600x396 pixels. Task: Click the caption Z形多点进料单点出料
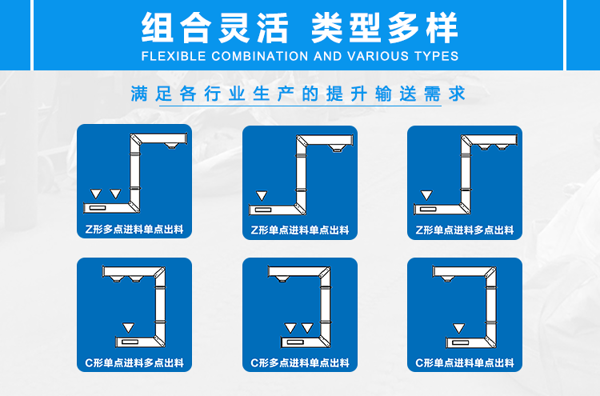[x=134, y=229]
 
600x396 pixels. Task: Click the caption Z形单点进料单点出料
[x=300, y=230]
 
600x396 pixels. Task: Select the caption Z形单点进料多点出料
[x=465, y=230]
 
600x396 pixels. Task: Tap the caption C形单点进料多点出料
[x=134, y=362]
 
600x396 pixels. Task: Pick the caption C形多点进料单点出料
[x=300, y=362]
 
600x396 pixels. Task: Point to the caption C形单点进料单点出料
[x=465, y=362]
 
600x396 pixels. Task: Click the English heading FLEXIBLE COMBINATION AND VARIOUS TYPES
[x=300, y=56]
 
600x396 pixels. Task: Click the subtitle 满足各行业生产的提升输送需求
[x=298, y=94]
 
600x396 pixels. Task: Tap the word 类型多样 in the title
[x=385, y=27]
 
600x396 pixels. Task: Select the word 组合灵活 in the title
[x=214, y=27]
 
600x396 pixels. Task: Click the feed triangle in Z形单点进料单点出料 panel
[x=262, y=196]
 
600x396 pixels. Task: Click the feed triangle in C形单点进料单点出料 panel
[x=459, y=328]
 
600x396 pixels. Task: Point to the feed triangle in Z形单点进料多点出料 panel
[x=426, y=195]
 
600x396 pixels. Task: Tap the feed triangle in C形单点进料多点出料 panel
[x=128, y=327]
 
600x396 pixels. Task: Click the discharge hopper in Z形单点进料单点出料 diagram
[x=337, y=149]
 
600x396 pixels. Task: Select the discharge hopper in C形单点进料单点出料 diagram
[x=447, y=279]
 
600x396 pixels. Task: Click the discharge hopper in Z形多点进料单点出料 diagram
[x=171, y=146]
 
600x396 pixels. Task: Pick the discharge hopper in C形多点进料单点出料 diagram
[x=282, y=279]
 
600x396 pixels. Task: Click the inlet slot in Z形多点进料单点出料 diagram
[x=97, y=208]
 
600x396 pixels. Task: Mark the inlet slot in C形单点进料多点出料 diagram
[x=130, y=342]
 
